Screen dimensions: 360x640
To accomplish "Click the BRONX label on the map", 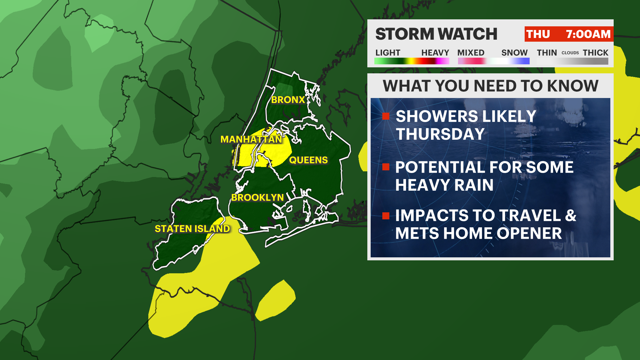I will click(288, 100).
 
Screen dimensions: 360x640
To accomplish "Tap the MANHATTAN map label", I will click(251, 139).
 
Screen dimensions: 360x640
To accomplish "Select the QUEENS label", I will click(308, 160).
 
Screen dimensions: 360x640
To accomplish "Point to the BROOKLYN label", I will click(257, 197).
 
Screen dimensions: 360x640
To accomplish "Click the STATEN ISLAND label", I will click(192, 229).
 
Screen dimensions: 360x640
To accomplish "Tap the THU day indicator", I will click(538, 34).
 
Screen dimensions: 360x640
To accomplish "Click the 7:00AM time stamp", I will click(588, 34).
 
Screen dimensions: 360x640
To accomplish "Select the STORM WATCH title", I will click(436, 34).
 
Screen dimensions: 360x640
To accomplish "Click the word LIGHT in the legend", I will click(388, 53).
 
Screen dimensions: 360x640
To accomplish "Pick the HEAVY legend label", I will click(435, 53).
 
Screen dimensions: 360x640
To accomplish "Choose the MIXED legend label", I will click(471, 53).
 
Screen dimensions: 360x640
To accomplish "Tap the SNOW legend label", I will click(514, 53).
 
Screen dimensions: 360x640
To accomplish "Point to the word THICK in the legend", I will click(595, 53).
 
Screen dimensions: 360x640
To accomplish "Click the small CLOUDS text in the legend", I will click(570, 53).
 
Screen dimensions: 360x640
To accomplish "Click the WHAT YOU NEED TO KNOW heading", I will click(490, 86).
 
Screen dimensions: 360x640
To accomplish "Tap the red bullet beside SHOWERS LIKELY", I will click(386, 116).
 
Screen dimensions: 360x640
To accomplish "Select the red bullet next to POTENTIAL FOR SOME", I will click(386, 167).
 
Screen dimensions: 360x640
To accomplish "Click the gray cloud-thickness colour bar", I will click(572, 61).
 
